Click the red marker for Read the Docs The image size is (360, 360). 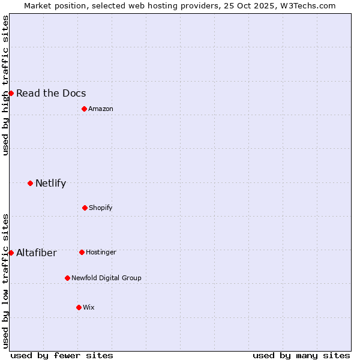(11, 93)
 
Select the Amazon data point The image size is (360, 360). (84, 109)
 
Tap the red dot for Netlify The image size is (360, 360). (30, 183)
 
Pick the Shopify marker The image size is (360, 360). (85, 208)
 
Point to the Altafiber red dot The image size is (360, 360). (11, 253)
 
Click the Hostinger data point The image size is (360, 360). (82, 252)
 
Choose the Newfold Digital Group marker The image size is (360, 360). (67, 278)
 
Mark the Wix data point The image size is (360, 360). (79, 307)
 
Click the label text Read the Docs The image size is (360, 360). (51, 93)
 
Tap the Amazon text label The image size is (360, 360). (101, 109)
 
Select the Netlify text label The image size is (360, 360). (50, 183)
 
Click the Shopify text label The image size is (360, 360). (101, 208)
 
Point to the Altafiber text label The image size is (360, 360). (37, 253)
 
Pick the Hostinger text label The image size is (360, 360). (101, 252)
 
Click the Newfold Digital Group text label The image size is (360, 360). (106, 278)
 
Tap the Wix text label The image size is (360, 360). (89, 307)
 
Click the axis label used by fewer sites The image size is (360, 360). (62, 355)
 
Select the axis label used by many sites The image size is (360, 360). (301, 355)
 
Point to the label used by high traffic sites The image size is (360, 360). (5, 85)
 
